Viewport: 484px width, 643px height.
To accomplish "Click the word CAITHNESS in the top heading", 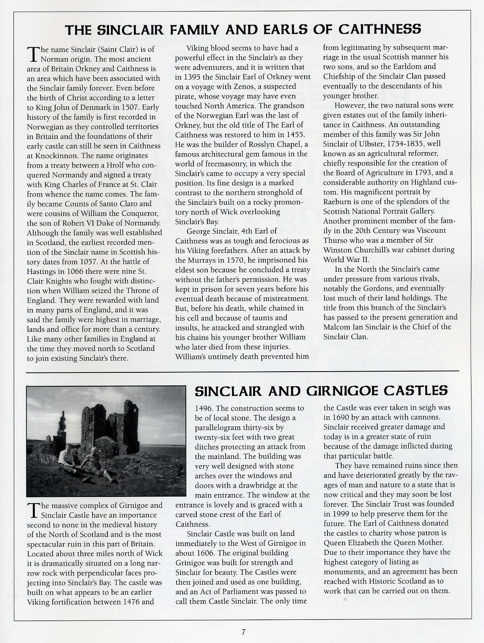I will pyautogui.click(x=379, y=29).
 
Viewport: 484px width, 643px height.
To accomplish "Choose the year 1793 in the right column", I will pyautogui.click(x=420, y=173).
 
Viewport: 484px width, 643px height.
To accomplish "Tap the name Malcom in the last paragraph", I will pyautogui.click(x=337, y=327).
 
